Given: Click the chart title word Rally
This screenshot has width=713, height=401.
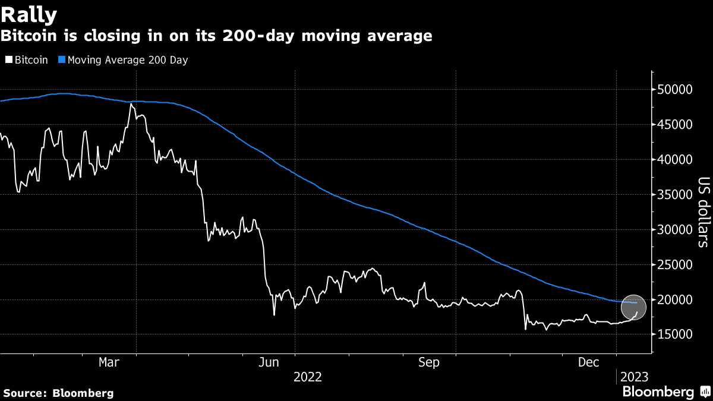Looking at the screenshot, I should pyautogui.click(x=29, y=13).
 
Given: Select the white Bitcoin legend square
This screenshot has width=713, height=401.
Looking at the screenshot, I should pyautogui.click(x=8, y=60).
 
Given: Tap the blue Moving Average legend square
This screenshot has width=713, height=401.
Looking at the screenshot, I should pyautogui.click(x=61, y=60).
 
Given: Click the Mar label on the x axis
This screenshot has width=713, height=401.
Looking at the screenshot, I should pyautogui.click(x=109, y=362).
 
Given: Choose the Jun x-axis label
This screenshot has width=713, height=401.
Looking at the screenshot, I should pyautogui.click(x=271, y=362).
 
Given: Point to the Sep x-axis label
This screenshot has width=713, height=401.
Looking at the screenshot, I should pyautogui.click(x=428, y=362).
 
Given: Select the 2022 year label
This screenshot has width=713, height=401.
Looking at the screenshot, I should pyautogui.click(x=307, y=377).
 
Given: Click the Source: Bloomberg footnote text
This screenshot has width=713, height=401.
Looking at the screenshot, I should pyautogui.click(x=58, y=393).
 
